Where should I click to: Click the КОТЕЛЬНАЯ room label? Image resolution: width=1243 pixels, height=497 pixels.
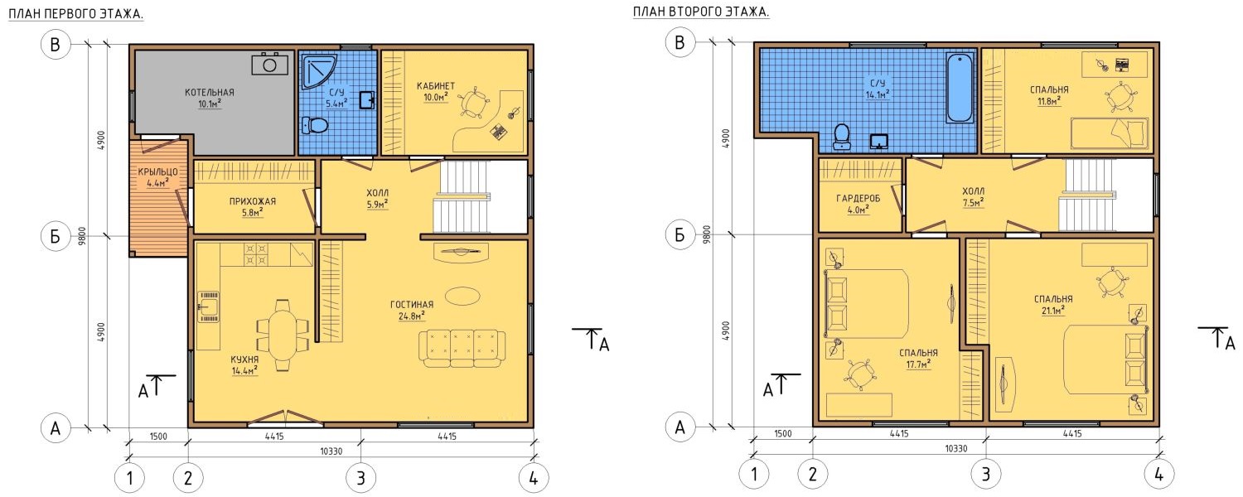[x=209, y=93]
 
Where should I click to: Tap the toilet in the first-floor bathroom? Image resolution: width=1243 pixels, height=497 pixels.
[x=315, y=125]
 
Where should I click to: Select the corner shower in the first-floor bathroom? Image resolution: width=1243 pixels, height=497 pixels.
[x=318, y=71]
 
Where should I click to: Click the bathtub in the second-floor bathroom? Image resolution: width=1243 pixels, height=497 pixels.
[x=960, y=88]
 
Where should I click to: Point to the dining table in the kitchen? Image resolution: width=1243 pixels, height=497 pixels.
[x=283, y=335]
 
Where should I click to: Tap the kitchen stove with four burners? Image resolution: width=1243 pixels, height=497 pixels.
[x=255, y=254]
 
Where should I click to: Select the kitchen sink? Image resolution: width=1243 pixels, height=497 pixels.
[x=209, y=306]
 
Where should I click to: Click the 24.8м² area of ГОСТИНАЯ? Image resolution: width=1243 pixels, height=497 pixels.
[x=412, y=316]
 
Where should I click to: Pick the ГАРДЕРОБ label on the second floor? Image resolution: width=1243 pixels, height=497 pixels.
[x=858, y=199]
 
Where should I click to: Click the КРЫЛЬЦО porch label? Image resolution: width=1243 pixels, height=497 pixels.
[x=157, y=172]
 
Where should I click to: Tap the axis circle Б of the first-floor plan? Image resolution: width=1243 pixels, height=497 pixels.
[x=56, y=236]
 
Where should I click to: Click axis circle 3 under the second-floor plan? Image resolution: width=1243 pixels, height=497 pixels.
[x=985, y=475]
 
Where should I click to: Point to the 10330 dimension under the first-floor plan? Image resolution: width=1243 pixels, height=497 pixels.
[x=331, y=451]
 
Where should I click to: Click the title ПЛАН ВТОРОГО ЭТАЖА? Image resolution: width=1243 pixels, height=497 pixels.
[x=701, y=12]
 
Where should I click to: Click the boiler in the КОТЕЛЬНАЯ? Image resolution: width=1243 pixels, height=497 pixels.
[x=269, y=65]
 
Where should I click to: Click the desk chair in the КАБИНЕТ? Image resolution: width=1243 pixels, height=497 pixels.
[x=473, y=103]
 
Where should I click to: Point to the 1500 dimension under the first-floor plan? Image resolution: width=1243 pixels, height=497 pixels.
[x=158, y=437]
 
